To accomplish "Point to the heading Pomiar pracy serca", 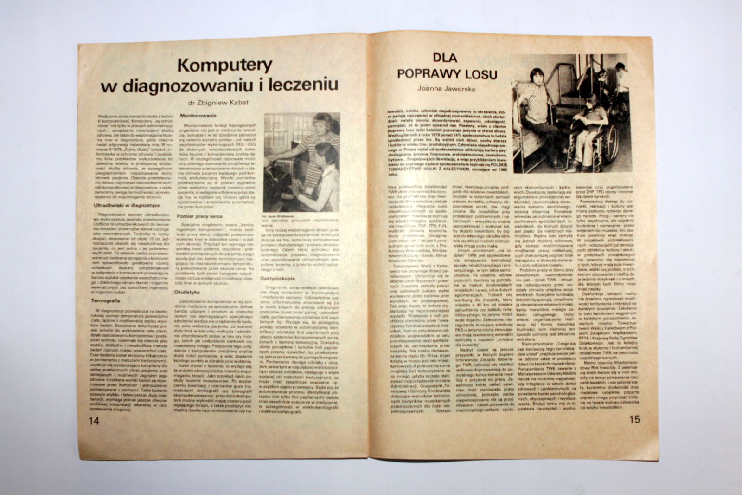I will pos(199,216).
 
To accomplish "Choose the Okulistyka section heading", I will pos(187,292).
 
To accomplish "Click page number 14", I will pos(94,421).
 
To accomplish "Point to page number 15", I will pos(634,419).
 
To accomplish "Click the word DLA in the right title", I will pos(445,59).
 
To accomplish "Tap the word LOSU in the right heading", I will pos(482,75).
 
